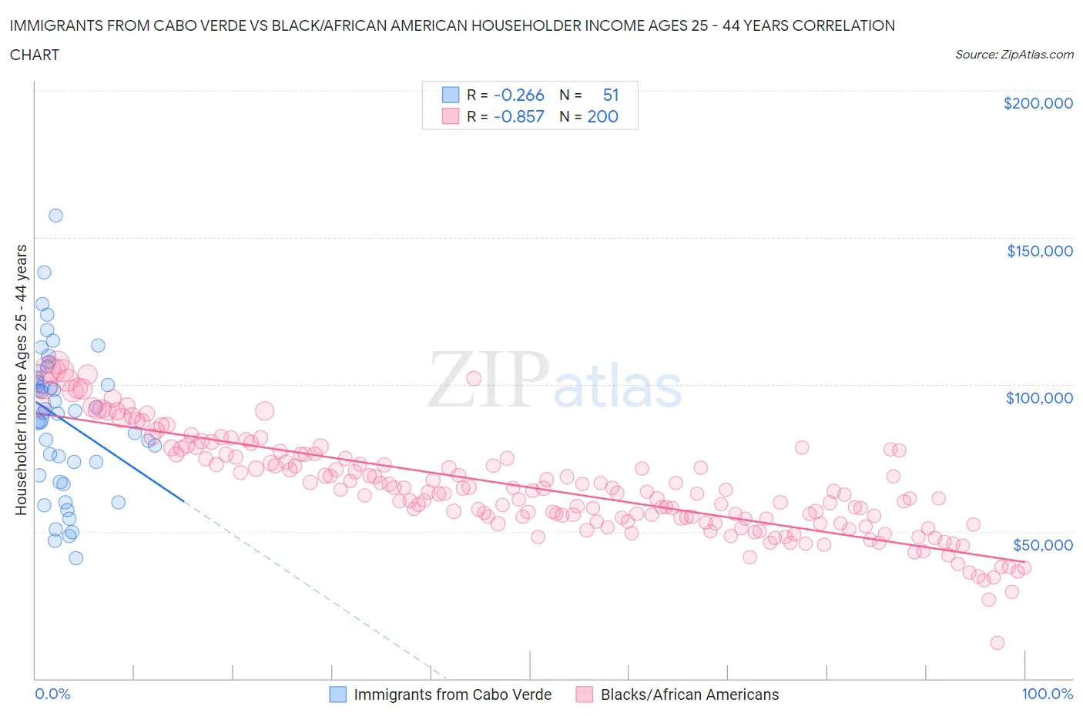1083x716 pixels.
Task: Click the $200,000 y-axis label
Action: tap(1038, 104)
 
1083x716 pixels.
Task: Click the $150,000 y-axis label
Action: tap(1039, 251)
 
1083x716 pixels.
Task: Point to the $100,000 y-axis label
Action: tap(1039, 398)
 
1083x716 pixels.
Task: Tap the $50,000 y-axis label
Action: tap(1042, 545)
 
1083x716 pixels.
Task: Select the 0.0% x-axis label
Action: tap(52, 694)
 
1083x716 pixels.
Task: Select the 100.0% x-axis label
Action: tap(1047, 694)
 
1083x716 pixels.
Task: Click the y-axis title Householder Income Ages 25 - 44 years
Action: tap(21, 380)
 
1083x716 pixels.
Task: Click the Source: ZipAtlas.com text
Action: tap(1014, 55)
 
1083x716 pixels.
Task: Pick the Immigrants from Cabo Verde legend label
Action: tap(452, 694)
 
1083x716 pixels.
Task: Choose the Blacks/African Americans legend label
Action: tap(689, 694)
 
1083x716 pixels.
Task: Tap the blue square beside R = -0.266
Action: tap(450, 95)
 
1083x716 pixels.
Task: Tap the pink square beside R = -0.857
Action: tap(450, 117)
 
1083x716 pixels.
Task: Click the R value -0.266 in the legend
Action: tap(518, 95)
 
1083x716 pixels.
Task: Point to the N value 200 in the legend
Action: tap(602, 117)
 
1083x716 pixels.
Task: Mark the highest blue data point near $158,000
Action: tap(55, 216)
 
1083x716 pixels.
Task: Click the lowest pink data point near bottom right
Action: tap(997, 643)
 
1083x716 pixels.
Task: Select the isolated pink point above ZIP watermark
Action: tap(474, 378)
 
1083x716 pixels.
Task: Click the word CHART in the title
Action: tap(35, 55)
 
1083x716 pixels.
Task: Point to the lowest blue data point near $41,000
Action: tap(75, 558)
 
